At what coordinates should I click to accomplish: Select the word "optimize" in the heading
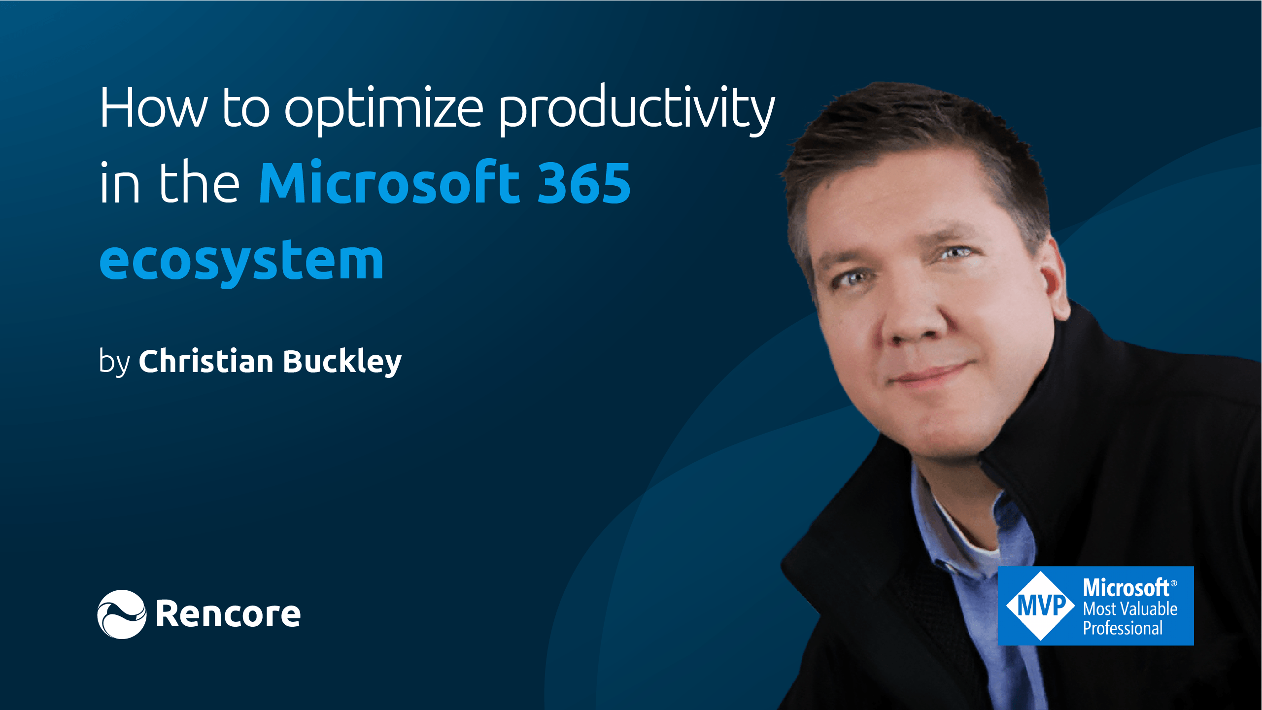[384, 109]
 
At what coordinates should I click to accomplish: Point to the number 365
[583, 183]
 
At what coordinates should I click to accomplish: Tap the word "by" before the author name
[114, 362]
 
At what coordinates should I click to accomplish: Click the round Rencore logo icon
[122, 614]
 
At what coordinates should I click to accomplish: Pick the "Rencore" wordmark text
[228, 614]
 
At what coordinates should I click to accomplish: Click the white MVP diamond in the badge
[1040, 606]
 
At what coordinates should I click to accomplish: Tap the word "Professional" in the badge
[1122, 628]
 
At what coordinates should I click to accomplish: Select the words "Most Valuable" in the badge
[1129, 609]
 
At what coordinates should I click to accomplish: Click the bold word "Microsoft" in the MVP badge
[1126, 588]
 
